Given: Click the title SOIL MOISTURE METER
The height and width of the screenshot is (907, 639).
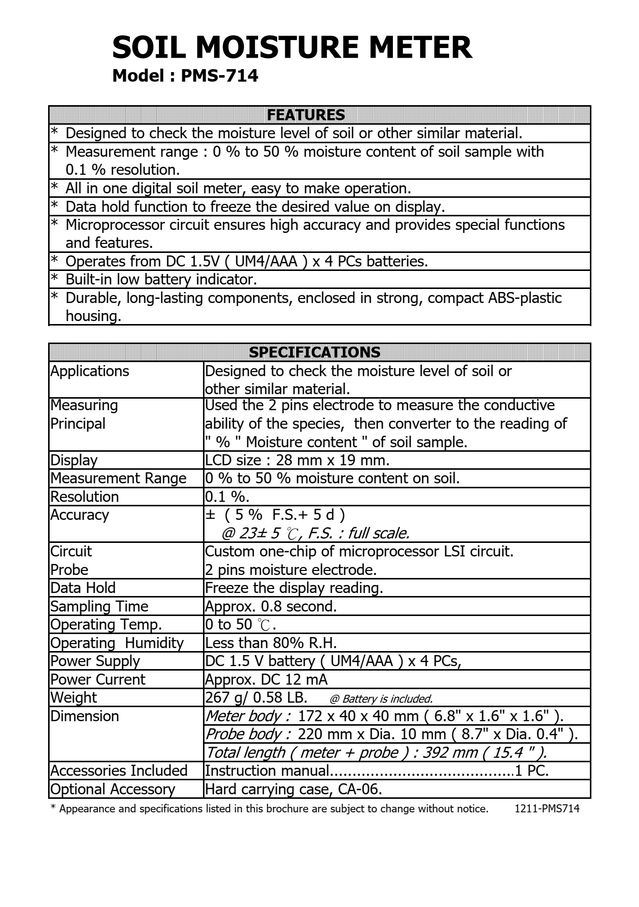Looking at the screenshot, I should tap(292, 48).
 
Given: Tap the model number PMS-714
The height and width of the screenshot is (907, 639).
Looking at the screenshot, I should tap(219, 76).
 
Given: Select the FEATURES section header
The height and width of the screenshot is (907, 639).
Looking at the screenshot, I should tap(306, 115).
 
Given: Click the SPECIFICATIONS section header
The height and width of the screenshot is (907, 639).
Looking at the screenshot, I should tap(315, 352).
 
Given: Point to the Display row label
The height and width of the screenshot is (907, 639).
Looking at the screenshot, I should tap(74, 460).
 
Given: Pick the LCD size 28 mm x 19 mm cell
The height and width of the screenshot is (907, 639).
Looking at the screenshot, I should tap(297, 460).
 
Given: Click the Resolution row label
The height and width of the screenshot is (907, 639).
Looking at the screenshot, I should tap(85, 496).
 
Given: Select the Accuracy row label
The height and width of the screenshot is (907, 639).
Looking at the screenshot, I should tap(80, 515).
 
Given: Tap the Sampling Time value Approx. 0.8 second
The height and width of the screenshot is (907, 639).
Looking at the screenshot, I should tap(271, 606).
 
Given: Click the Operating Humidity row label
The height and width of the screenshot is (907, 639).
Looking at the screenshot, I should tap(117, 643).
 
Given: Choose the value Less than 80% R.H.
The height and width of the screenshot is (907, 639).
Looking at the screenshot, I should tap(271, 643).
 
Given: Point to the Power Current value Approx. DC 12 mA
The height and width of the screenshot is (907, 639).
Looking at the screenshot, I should tap(266, 679).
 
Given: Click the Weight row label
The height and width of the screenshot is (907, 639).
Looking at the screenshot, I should tap(74, 697).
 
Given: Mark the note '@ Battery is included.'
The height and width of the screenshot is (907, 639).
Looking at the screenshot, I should tap(381, 699).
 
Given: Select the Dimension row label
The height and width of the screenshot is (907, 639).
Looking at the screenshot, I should tap(85, 716).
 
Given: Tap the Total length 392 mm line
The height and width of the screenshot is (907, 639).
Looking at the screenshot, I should tap(376, 752).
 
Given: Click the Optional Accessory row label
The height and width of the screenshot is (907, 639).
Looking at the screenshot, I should tap(113, 789).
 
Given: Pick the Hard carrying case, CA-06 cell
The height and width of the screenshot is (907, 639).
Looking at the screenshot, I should tap(294, 789).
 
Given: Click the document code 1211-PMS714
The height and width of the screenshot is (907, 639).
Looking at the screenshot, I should tap(547, 808).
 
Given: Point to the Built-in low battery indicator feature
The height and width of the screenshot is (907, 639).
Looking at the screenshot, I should tap(161, 279).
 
